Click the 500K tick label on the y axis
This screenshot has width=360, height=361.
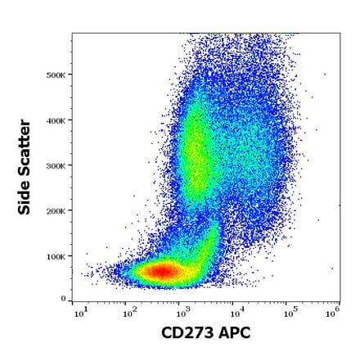(56, 74)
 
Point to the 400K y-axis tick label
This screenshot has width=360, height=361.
(56, 120)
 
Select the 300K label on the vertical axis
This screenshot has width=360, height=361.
(56, 165)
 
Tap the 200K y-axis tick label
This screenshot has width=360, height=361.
(56, 210)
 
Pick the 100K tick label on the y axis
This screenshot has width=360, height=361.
(56, 256)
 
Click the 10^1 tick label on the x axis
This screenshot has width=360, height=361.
(79, 313)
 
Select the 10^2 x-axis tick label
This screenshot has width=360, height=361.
(129, 313)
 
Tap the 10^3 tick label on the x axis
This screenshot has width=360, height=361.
(182, 313)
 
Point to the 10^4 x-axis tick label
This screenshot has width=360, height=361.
(236, 313)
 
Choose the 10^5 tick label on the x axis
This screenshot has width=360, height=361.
(289, 313)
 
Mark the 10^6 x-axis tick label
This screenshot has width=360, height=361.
(332, 313)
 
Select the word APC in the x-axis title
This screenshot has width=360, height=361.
(235, 333)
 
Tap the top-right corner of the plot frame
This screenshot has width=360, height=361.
(340, 34)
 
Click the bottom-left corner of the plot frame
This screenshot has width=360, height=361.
(72, 302)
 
